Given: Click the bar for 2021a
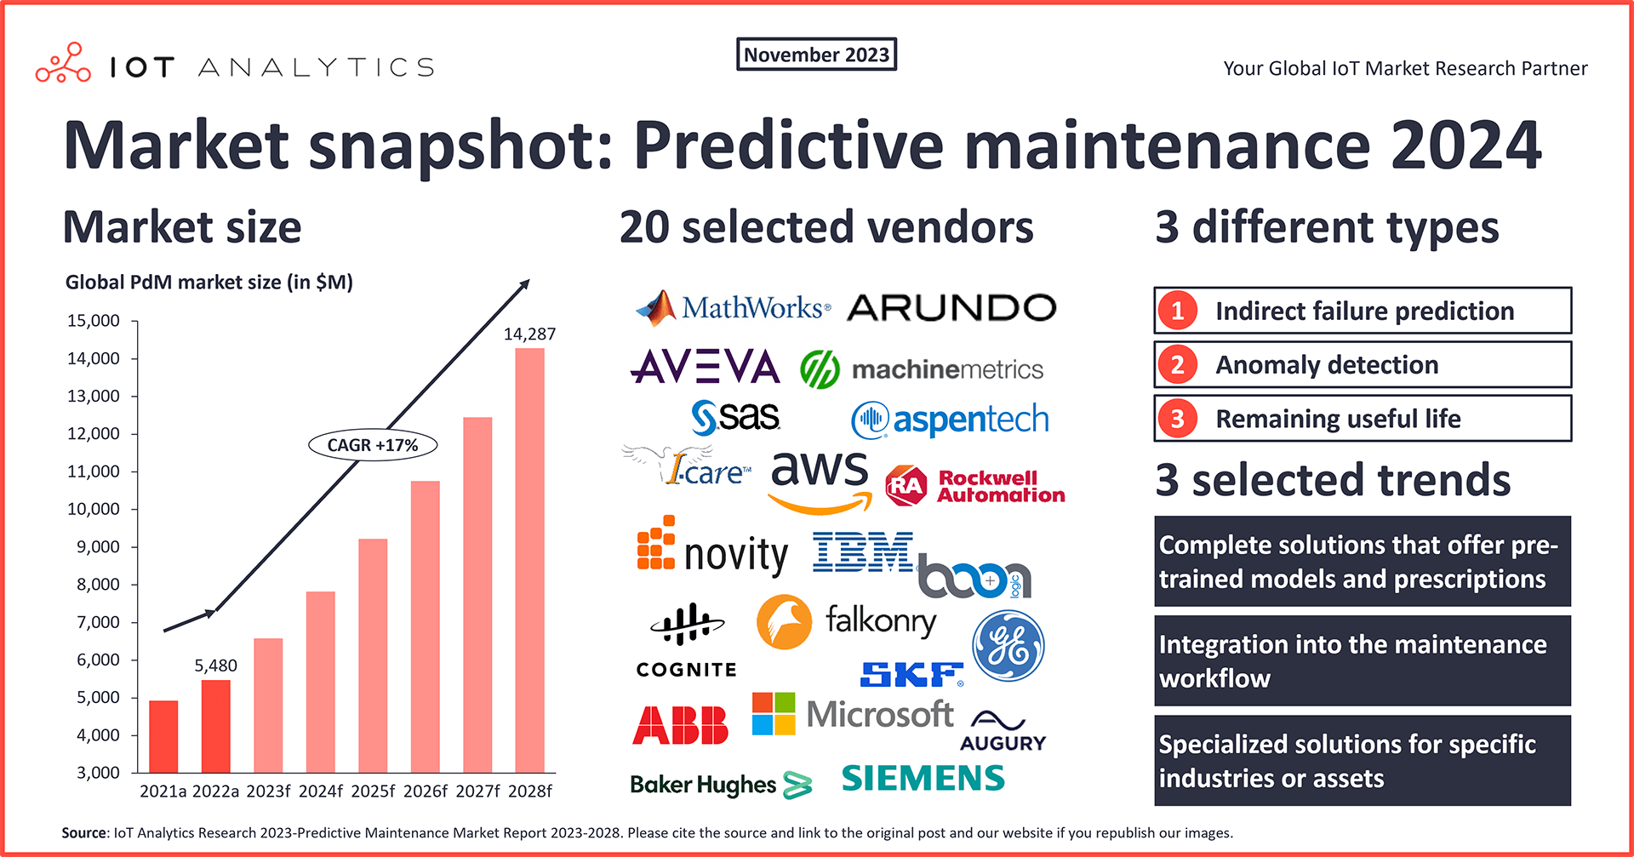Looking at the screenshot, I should click(x=163, y=736).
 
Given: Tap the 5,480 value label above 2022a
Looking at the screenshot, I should click(x=215, y=666).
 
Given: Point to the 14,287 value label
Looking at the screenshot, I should click(x=529, y=334).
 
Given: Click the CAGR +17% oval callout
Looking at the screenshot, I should click(x=373, y=445).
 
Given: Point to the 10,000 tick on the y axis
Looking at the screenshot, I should click(x=94, y=509).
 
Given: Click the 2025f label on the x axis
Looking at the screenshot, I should click(x=373, y=791).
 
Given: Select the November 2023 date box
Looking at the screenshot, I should click(x=816, y=54).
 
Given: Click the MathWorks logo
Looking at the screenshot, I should click(x=733, y=308).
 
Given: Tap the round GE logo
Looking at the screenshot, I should click(x=1008, y=647).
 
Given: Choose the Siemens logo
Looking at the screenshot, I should click(x=923, y=778).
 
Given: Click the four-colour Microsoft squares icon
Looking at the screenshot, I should click(x=774, y=713).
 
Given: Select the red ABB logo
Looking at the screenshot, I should click(x=680, y=725).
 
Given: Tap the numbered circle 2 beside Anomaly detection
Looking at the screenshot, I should click(x=1178, y=365).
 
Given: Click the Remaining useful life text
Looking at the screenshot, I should click(x=1337, y=419).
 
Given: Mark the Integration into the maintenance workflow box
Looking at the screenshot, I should click(x=1362, y=661).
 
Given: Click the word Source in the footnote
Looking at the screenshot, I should click(x=83, y=832).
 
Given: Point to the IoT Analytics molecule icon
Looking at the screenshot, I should click(x=63, y=64).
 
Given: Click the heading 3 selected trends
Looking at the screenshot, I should click(x=1333, y=480).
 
